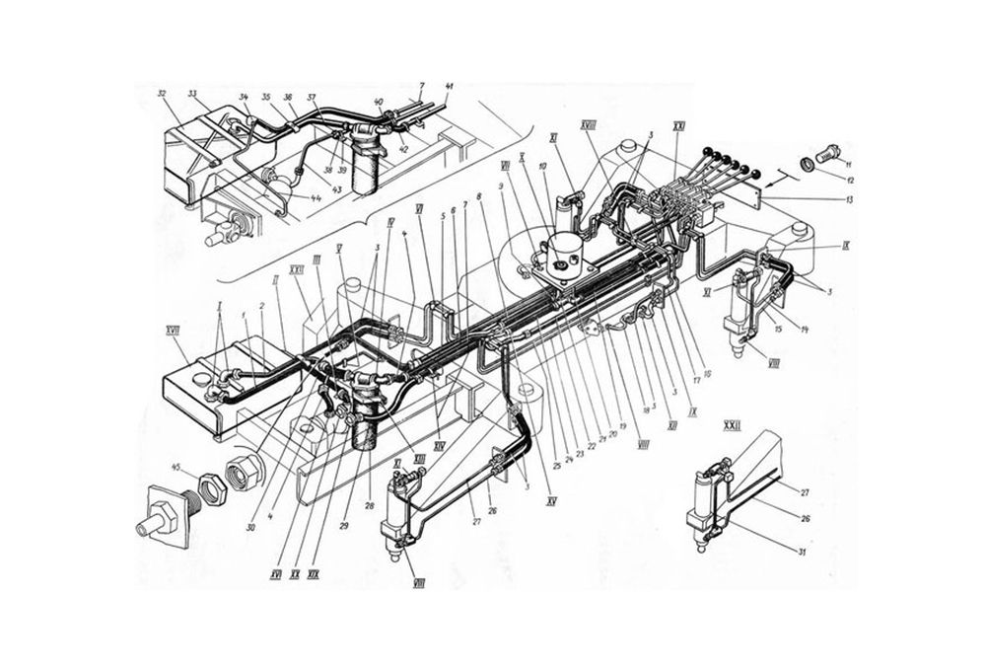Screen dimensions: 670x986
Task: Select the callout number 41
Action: click(x=450, y=87)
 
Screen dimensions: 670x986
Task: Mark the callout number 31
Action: click(x=804, y=552)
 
